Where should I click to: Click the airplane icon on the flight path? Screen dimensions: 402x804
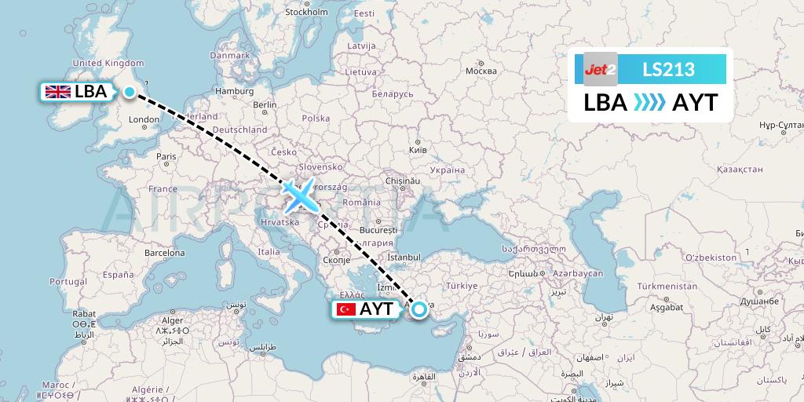pos(299,196)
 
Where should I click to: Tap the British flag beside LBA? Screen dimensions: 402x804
pos(58,92)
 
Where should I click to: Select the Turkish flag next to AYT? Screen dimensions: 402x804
pos(345,310)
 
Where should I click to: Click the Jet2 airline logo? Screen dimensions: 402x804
pos(601,69)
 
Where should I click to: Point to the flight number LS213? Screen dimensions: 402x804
pos(668,69)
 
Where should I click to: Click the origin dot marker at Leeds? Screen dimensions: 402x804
pos(129,92)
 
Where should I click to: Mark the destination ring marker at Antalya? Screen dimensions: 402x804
pos(419,309)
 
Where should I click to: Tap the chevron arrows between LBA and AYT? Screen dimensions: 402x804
pos(649,103)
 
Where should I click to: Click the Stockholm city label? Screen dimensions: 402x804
pos(306,12)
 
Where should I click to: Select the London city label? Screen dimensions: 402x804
pos(144,120)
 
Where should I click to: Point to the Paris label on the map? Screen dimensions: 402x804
pos(166,156)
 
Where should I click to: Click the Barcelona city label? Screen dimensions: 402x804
pos(164,254)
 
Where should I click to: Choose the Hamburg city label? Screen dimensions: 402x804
pos(233,91)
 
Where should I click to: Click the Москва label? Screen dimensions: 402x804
pos(481,71)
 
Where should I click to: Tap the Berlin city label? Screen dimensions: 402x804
pos(265,104)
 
